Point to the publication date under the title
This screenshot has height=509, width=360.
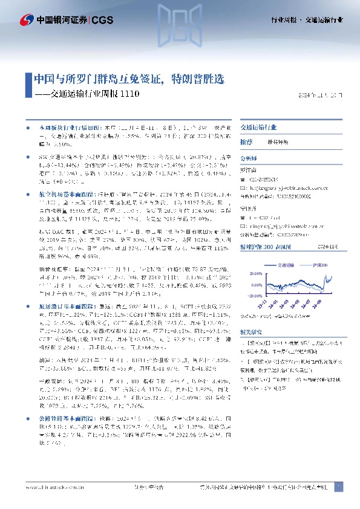pos(321,96)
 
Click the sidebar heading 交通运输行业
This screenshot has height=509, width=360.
pos(258,129)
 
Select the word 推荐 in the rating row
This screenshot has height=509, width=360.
pos(246,141)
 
